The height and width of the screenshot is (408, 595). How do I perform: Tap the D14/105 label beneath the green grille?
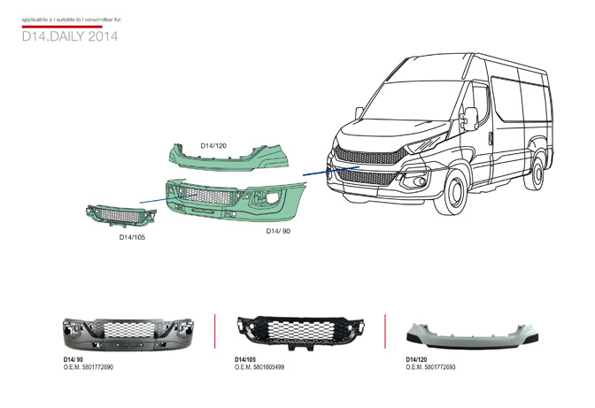point(133,237)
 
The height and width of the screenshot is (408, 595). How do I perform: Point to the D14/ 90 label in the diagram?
point(278,230)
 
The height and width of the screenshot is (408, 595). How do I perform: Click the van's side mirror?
point(471,117)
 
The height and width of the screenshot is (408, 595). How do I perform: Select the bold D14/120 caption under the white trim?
point(416,358)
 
